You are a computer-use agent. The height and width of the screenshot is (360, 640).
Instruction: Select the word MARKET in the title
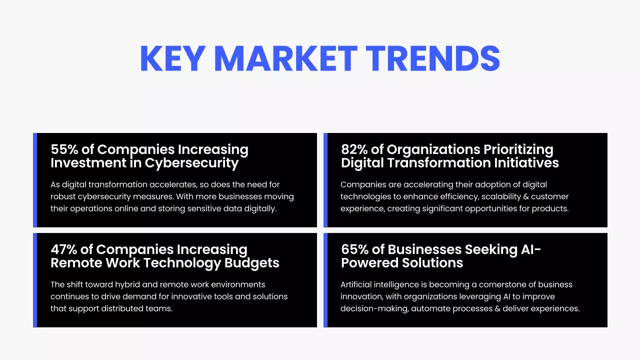pyautogui.click(x=285, y=58)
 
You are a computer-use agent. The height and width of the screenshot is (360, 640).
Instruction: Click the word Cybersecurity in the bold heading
pyautogui.click(x=191, y=163)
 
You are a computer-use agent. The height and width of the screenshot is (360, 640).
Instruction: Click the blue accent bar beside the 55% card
pyautogui.click(x=35, y=180)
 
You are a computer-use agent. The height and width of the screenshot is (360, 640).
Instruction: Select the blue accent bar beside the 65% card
pyautogui.click(x=325, y=280)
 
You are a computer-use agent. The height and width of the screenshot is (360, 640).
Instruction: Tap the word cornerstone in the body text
pyautogui.click(x=501, y=284)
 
